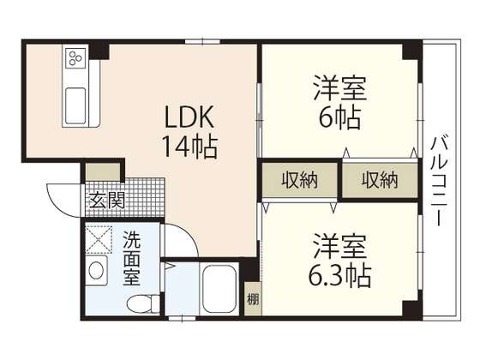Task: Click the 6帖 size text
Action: tap(339, 115)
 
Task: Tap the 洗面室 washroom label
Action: tap(132, 256)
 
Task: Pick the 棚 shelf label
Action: tap(252, 300)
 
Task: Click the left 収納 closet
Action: tap(297, 180)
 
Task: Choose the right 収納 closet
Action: tap(379, 180)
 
